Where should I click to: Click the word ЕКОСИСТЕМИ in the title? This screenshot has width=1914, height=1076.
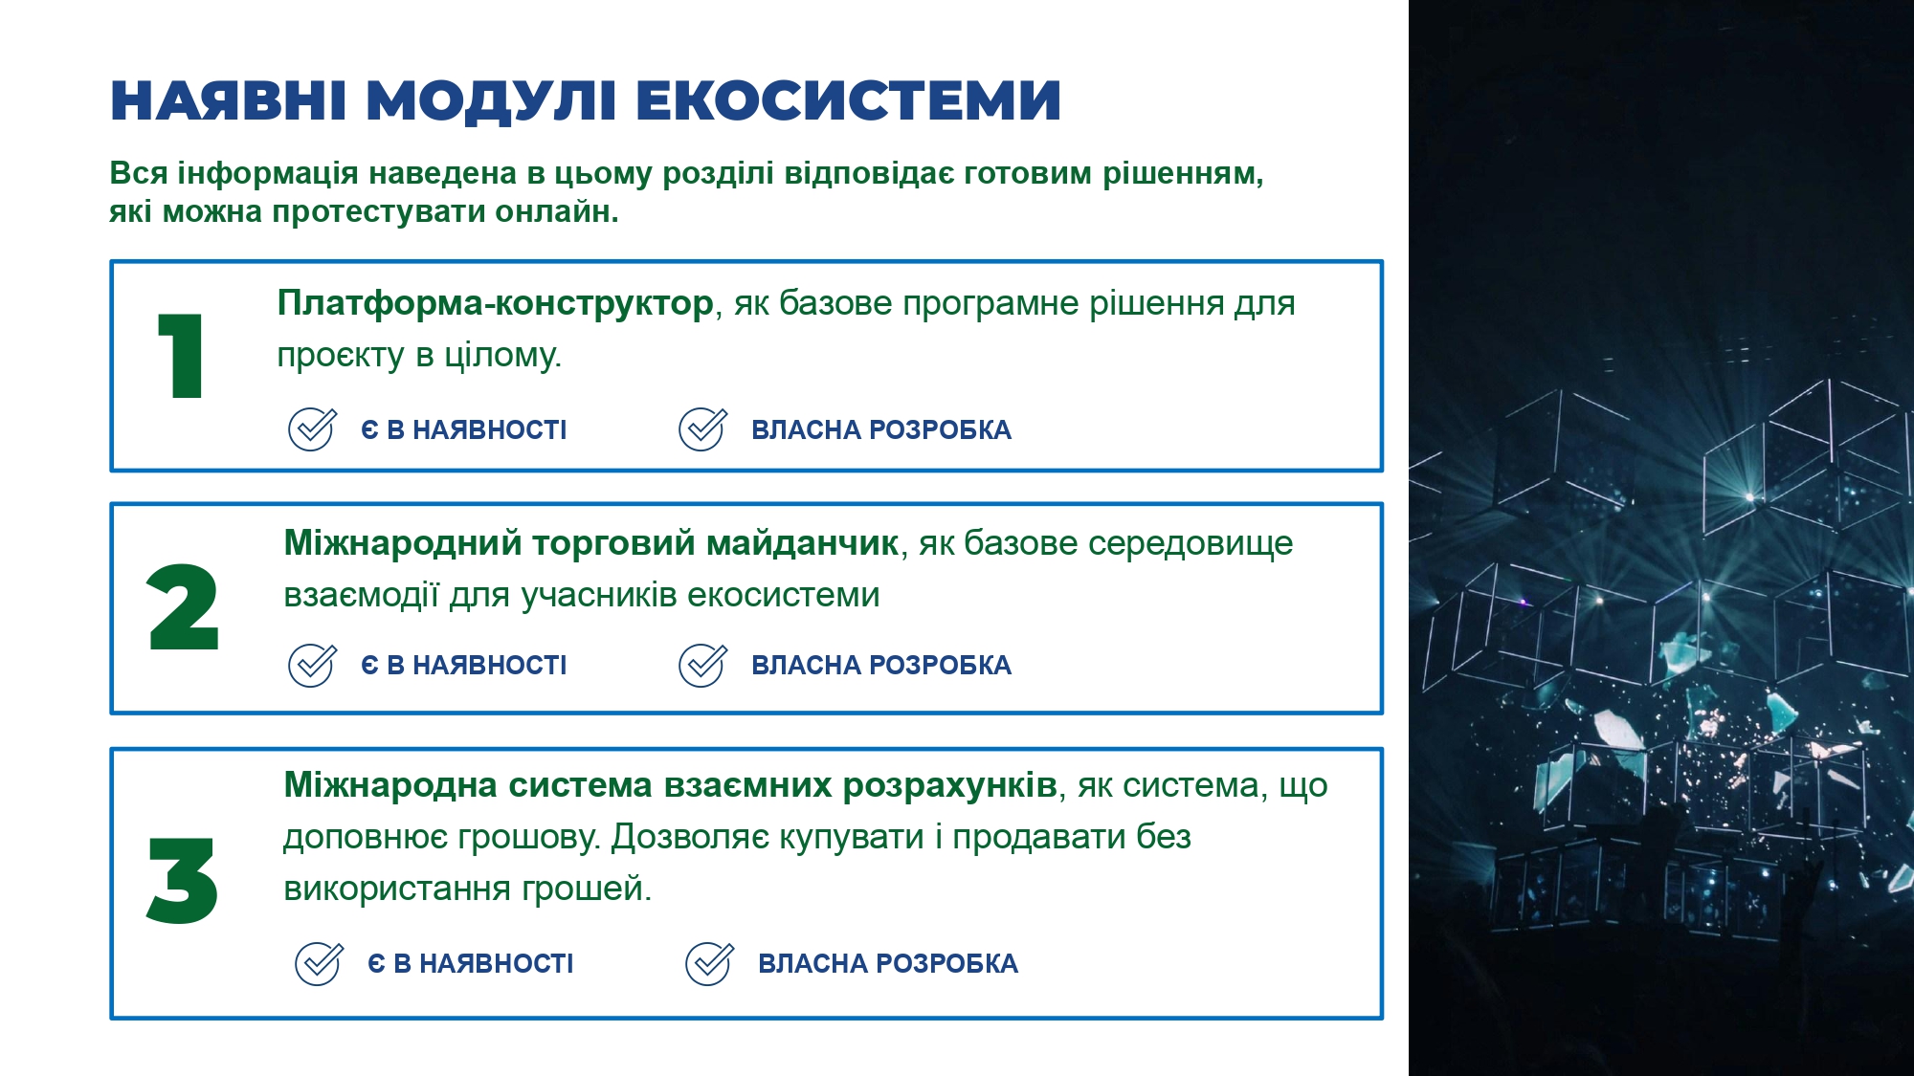click(x=848, y=100)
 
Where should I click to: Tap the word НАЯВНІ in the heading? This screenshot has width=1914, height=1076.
click(x=228, y=100)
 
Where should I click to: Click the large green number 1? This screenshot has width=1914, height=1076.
click(x=182, y=355)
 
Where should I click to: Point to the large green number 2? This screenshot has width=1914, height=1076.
click(x=183, y=606)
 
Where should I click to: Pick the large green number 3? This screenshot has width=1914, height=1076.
click(x=182, y=880)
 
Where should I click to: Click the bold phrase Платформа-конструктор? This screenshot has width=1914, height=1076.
click(x=495, y=303)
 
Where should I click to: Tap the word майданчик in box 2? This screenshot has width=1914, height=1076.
click(x=802, y=543)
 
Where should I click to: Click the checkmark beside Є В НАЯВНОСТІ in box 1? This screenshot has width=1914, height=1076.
click(x=312, y=429)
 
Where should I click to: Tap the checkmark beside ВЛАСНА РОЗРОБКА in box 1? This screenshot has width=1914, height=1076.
click(x=702, y=429)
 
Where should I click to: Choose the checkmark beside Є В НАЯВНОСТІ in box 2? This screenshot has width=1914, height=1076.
click(x=312, y=666)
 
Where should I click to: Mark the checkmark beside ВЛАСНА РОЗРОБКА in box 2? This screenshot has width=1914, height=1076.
click(x=702, y=666)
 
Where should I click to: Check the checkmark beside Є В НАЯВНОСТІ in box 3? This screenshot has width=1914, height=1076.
click(x=319, y=964)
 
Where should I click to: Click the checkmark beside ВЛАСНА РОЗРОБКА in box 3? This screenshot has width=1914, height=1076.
click(x=709, y=964)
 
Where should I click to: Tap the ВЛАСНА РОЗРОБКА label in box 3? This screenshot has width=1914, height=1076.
click(x=888, y=963)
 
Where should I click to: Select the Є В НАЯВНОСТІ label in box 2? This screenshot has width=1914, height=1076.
click(x=464, y=665)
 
